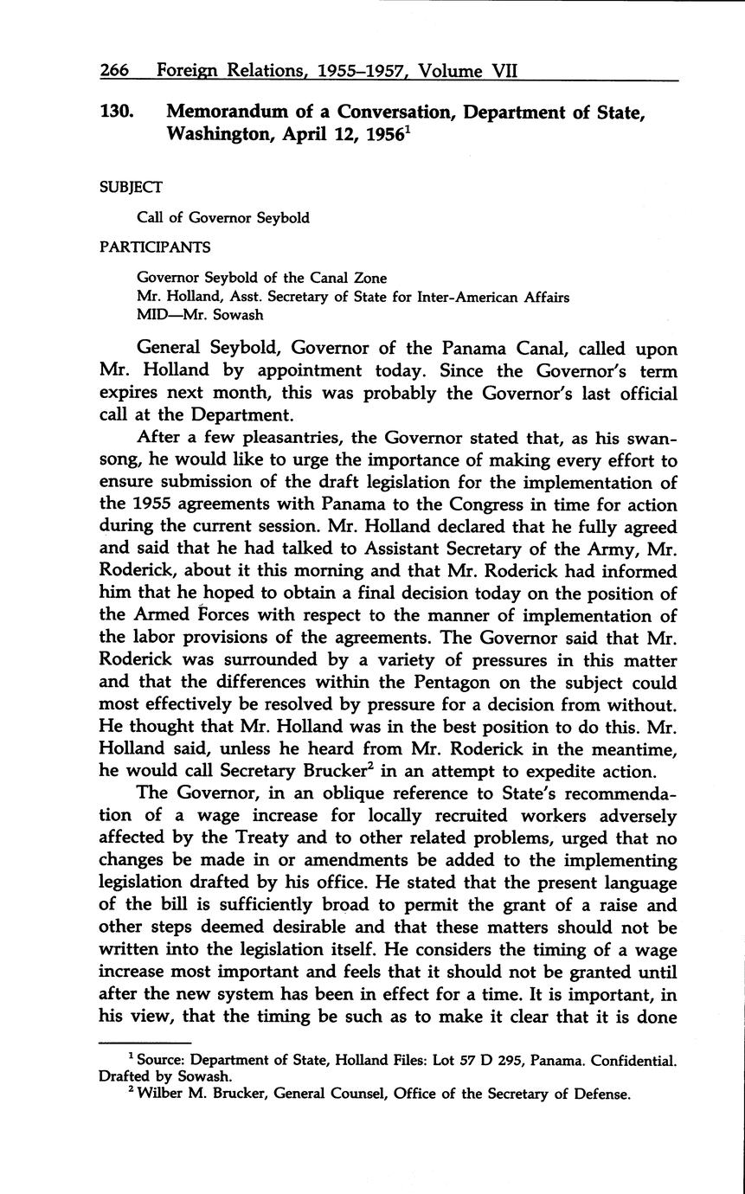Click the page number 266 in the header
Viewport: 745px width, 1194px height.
tap(118, 70)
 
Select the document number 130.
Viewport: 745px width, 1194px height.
tap(119, 112)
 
